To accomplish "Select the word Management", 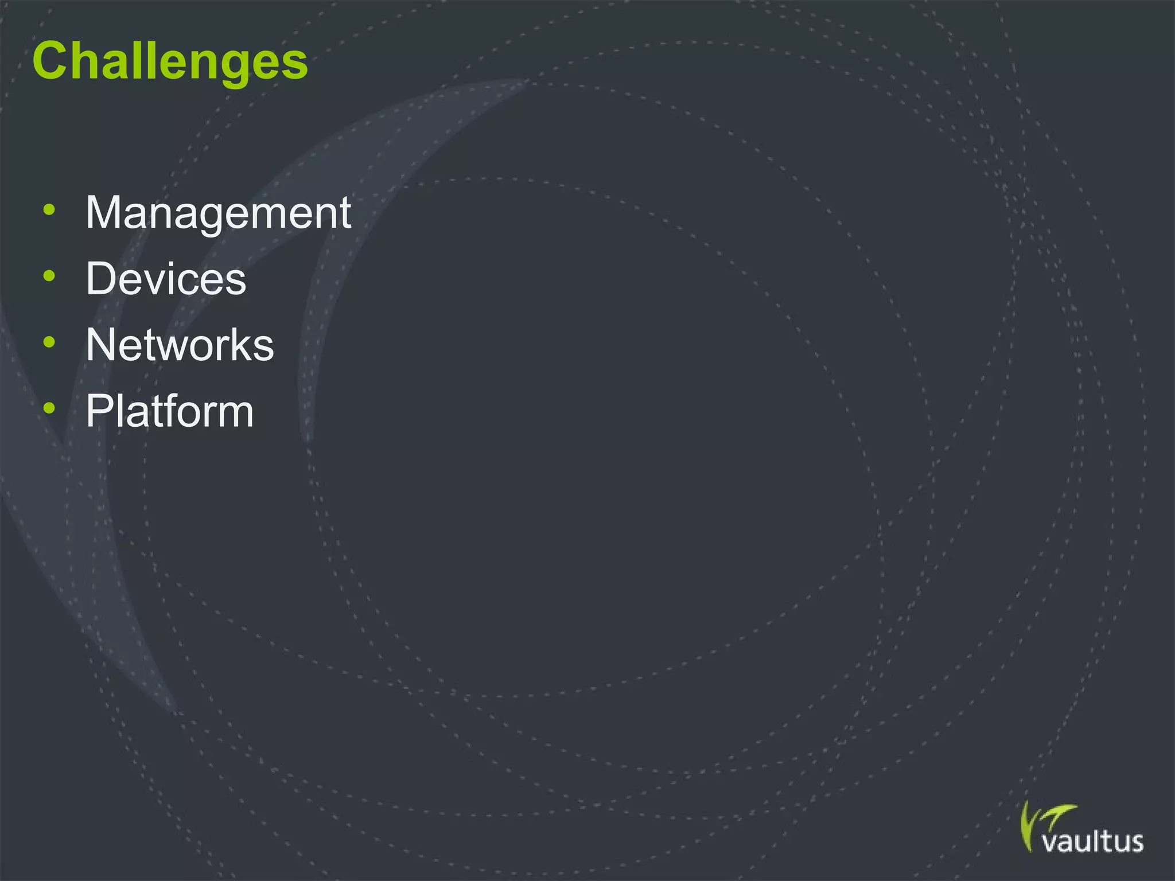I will click(x=218, y=213).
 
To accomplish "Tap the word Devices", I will click(x=166, y=279).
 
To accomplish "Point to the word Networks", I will click(x=180, y=345).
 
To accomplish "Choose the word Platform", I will click(x=169, y=411).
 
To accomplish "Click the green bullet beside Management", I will click(x=49, y=210).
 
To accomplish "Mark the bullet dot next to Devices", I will click(x=49, y=276).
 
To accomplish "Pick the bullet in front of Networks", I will click(x=49, y=342).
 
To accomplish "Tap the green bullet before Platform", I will click(x=49, y=408).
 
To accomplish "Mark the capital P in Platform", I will click(x=100, y=411).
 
